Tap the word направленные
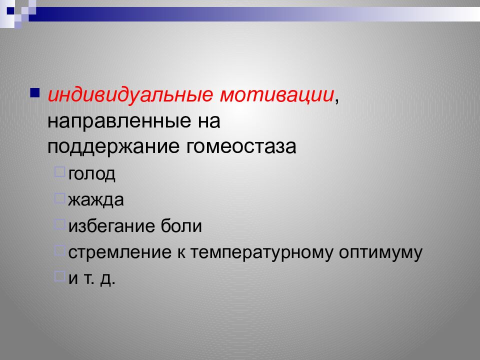click(x=116, y=121)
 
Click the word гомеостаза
click(x=242, y=147)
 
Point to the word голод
click(x=92, y=174)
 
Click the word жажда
click(x=96, y=200)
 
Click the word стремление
click(x=120, y=252)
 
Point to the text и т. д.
click(x=92, y=278)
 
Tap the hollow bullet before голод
click(x=59, y=171)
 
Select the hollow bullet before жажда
click(x=59, y=198)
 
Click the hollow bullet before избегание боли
click(x=59, y=224)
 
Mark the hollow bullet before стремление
click(x=59, y=250)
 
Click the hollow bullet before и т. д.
click(x=59, y=276)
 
